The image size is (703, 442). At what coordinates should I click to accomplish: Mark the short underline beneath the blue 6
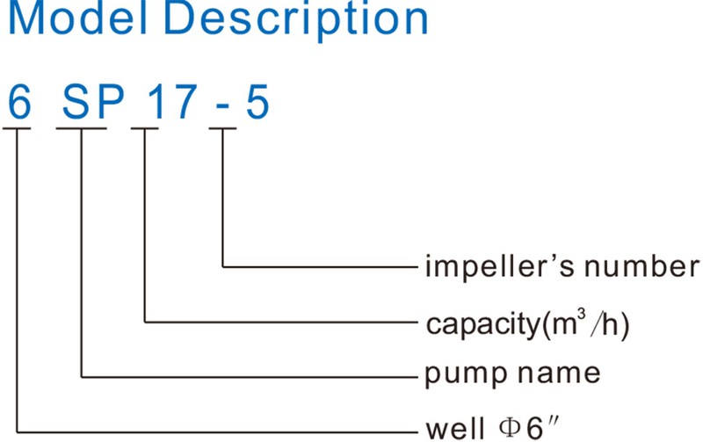(x=17, y=128)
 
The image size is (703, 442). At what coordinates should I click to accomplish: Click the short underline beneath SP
(x=81, y=128)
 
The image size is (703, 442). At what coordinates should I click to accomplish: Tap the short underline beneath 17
(x=145, y=128)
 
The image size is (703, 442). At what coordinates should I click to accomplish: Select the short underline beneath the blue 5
(x=222, y=128)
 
